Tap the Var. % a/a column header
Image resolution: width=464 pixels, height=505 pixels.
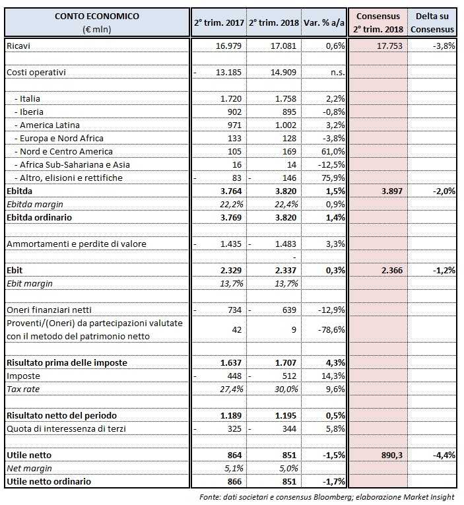[x=323, y=22]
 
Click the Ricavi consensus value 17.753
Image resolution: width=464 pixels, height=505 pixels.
[x=389, y=46]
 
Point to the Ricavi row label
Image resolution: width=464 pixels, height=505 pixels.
[x=19, y=46]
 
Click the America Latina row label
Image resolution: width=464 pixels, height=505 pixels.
[x=46, y=125]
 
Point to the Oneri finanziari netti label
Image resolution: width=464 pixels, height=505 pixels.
[x=49, y=310]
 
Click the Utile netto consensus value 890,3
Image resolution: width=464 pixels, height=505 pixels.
[x=389, y=455]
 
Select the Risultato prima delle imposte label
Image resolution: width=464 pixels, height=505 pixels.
[x=67, y=362]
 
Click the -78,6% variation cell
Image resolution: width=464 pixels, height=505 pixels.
[x=331, y=329]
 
